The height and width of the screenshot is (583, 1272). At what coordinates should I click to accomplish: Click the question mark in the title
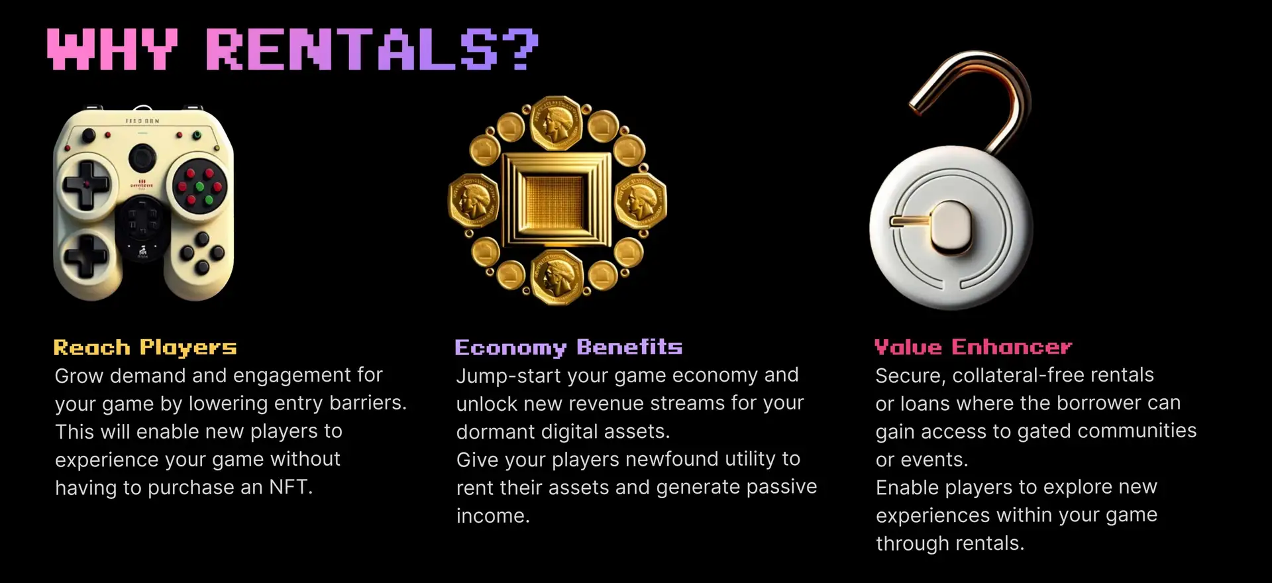[x=520, y=48]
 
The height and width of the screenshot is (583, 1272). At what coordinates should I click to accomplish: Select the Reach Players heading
[x=145, y=348]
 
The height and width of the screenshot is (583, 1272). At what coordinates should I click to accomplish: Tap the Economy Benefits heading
[x=568, y=347]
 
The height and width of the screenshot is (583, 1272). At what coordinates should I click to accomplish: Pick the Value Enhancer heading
[x=973, y=346]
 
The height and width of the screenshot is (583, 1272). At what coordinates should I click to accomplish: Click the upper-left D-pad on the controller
[x=86, y=184]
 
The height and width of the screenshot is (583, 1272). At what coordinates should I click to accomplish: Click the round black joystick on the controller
[x=142, y=158]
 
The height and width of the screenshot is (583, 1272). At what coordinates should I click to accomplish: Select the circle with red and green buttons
[x=199, y=185]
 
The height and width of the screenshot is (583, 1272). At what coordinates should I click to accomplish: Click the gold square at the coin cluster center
[x=557, y=200]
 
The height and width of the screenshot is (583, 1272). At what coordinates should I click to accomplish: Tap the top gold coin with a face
[x=556, y=123]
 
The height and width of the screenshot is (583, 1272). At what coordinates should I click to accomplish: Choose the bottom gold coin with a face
[x=557, y=277]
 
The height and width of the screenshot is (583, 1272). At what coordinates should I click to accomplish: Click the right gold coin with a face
[x=641, y=200]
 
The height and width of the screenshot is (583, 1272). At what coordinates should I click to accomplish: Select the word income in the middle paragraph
[x=493, y=516]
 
